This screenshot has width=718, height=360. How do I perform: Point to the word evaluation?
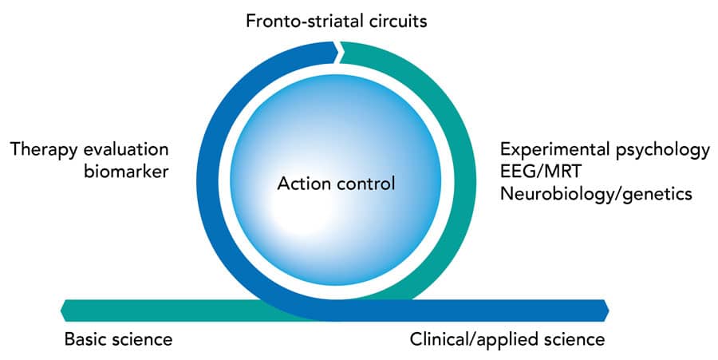coord(123,149)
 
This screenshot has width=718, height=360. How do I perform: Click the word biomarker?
coord(126,172)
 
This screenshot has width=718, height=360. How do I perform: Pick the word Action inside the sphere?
coord(304,184)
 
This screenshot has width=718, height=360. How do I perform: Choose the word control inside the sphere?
coord(365,184)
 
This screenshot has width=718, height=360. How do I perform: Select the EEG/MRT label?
coord(541,172)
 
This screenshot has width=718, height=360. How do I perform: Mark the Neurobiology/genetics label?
coord(596,194)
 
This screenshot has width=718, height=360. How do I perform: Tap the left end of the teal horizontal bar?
coord(61,311)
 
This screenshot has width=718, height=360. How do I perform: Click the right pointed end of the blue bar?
coord(609,311)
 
